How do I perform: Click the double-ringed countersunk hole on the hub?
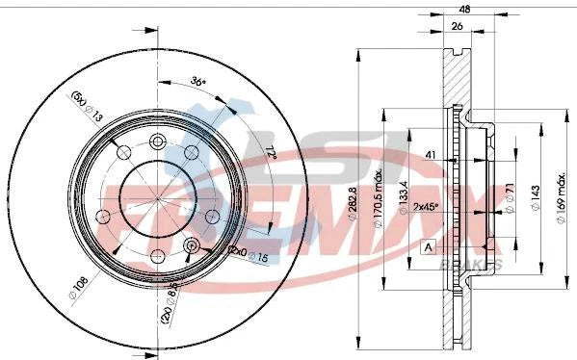[190, 246]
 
